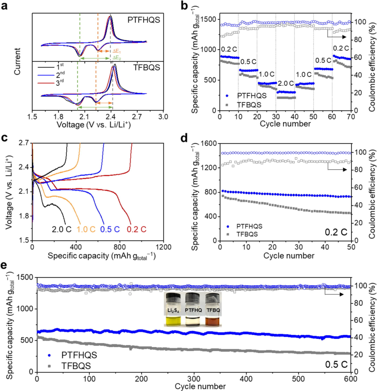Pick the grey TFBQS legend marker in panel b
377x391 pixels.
pyautogui.click(x=227, y=104)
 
